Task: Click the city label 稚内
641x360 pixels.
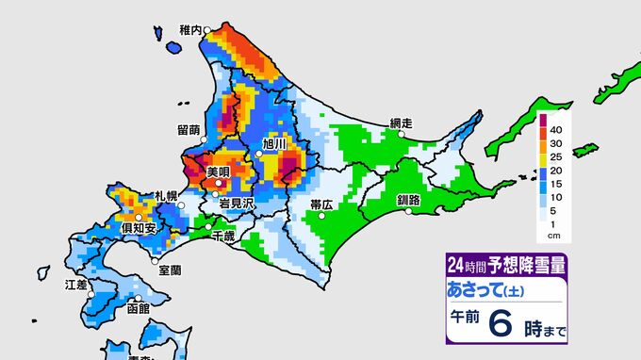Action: [x=190, y=30]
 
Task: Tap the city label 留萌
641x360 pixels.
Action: [x=188, y=130]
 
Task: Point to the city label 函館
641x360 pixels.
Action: [x=138, y=308]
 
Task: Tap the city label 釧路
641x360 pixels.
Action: [x=410, y=201]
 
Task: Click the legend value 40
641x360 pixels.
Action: [x=557, y=128]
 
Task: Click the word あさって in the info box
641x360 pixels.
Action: [x=481, y=287]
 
